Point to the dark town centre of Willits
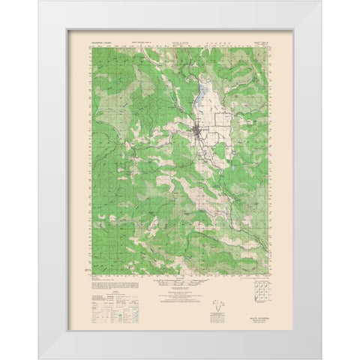tap(196, 136)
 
